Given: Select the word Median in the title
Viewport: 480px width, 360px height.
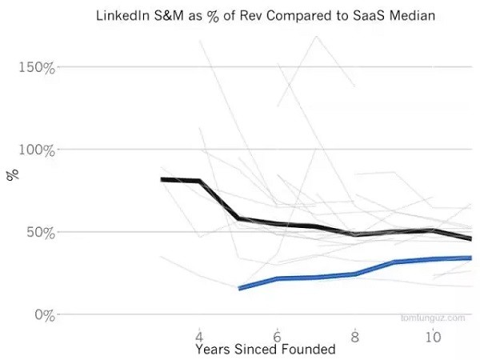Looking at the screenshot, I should tap(413, 16).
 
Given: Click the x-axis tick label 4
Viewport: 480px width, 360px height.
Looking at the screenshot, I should tap(199, 336).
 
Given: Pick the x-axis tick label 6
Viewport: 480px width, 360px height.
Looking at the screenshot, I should tap(277, 336).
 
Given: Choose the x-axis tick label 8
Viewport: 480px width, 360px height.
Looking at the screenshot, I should tap(354, 336).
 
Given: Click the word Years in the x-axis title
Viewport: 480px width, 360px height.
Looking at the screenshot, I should tap(213, 350).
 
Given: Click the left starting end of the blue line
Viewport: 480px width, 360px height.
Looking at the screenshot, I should tap(239, 288).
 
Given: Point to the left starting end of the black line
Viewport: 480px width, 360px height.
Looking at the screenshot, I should tap(162, 179).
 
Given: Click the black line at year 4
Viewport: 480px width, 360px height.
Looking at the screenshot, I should tap(199, 181).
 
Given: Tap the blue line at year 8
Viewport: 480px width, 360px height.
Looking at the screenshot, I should tap(354, 274).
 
